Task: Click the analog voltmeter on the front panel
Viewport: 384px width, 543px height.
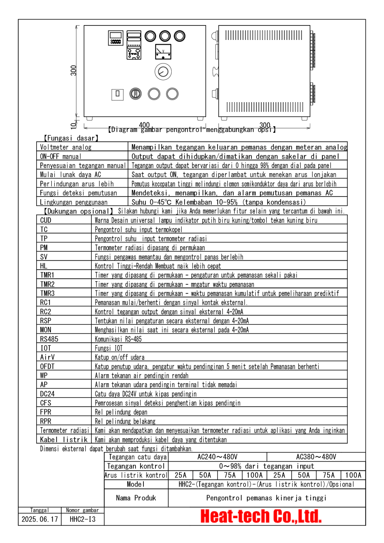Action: pyautogui.click(x=163, y=52)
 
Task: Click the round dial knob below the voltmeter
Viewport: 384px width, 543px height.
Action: pyautogui.click(x=163, y=72)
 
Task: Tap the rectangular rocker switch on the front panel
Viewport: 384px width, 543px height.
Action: pyautogui.click(x=117, y=94)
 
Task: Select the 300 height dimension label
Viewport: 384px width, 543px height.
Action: pyautogui.click(x=73, y=70)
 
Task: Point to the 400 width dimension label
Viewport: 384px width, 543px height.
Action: pyautogui.click(x=144, y=125)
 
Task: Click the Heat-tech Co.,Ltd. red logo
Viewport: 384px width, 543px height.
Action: pyautogui.click(x=261, y=516)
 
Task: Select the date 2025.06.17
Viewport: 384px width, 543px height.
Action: pyautogui.click(x=40, y=519)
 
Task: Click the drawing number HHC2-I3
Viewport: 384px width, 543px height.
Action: pyautogui.click(x=82, y=519)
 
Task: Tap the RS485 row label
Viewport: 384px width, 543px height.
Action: pyautogui.click(x=49, y=339)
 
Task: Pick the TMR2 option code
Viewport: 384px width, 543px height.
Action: pyautogui.click(x=47, y=284)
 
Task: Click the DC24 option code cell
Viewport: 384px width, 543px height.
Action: pyautogui.click(x=47, y=394)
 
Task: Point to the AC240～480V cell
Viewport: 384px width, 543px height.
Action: pyautogui.click(x=217, y=457)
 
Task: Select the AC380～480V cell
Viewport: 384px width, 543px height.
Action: pyautogui.click(x=316, y=457)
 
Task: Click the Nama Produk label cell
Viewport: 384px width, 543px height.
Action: pyautogui.click(x=136, y=498)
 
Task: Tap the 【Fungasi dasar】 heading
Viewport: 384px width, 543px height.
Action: pyautogui.click(x=71, y=138)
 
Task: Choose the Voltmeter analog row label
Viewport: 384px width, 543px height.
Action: pyautogui.click(x=66, y=147)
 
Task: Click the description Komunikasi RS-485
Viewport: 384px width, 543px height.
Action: pyautogui.click(x=118, y=339)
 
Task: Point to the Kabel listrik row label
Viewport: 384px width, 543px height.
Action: pyautogui.click(x=64, y=440)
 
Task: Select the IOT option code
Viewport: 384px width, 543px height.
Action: pyautogui.click(x=46, y=348)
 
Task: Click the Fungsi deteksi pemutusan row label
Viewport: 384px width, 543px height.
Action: pyautogui.click(x=78, y=193)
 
